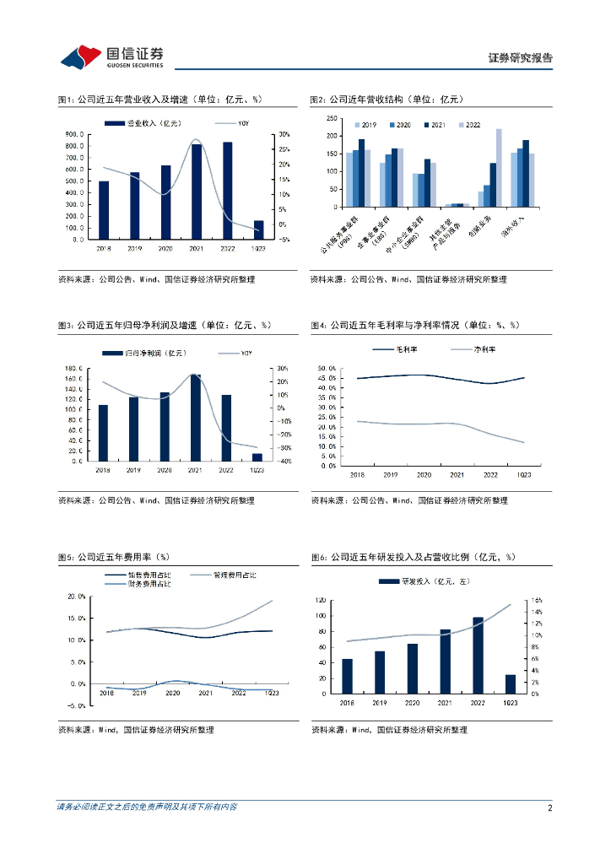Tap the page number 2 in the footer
point(549,807)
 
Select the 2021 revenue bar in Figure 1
point(197,192)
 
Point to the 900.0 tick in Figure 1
point(74,134)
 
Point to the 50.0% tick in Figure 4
point(327,369)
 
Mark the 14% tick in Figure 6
point(536,612)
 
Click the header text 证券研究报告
point(520,58)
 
